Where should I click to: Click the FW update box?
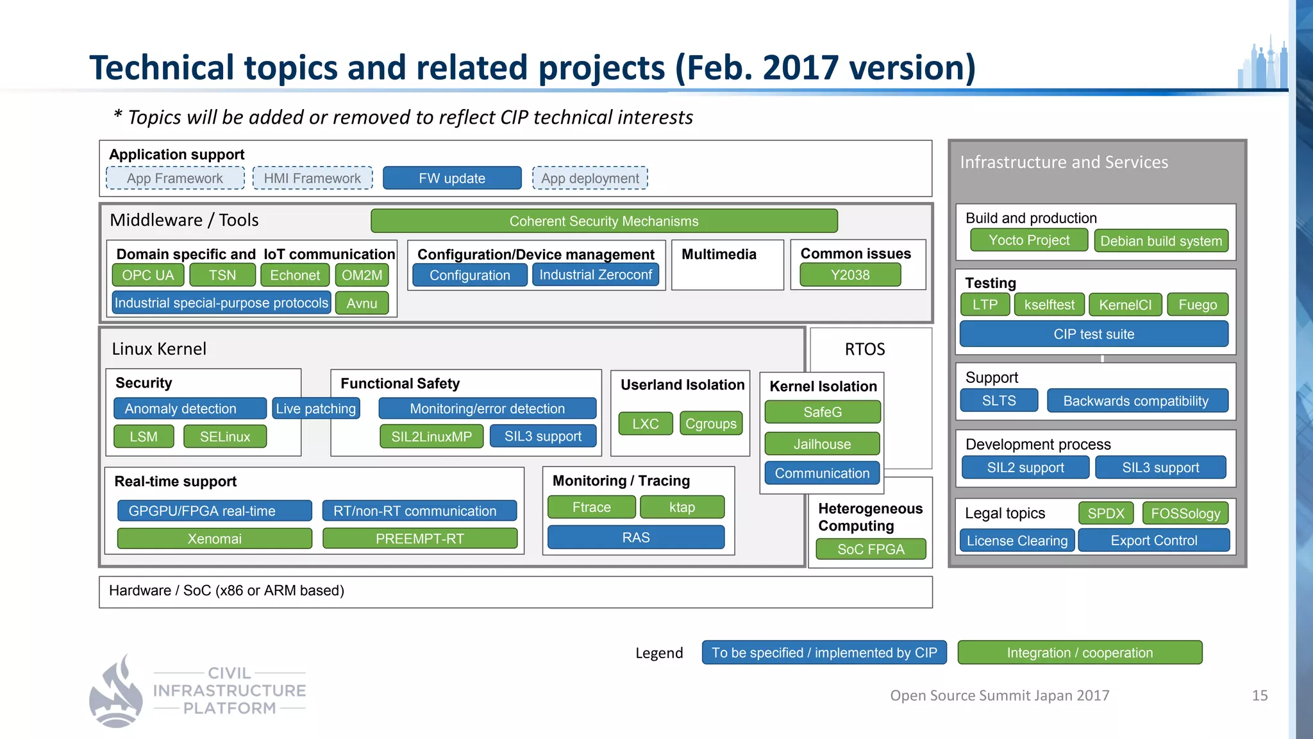click(452, 178)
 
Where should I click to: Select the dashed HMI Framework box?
click(312, 178)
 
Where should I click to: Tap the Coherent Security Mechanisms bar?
click(603, 221)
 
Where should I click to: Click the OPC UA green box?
click(148, 275)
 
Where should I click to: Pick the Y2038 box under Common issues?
click(849, 275)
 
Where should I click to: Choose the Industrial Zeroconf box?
click(595, 275)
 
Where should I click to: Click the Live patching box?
click(315, 409)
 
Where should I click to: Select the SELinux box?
click(224, 437)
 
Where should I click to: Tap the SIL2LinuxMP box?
click(431, 437)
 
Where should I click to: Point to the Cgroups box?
click(710, 424)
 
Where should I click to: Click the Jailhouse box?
click(822, 444)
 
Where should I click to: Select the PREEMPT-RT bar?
click(419, 539)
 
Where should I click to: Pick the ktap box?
click(682, 507)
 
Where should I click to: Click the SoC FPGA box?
click(870, 550)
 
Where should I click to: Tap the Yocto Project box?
click(1028, 241)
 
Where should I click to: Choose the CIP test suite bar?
click(1094, 334)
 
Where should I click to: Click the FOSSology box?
click(1185, 514)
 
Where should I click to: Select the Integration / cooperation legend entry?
click(1080, 653)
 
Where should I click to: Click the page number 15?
click(1259, 695)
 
